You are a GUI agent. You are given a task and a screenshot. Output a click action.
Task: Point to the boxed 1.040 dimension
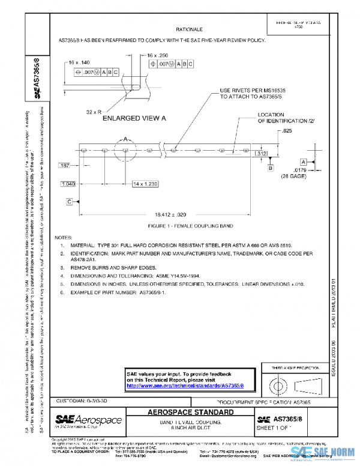[x=68, y=183]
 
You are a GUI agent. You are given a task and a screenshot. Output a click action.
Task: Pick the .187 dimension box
[x=65, y=165]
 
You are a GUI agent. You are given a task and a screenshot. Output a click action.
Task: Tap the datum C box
[x=70, y=201]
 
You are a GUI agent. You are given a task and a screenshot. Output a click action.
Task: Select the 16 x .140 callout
[x=79, y=62]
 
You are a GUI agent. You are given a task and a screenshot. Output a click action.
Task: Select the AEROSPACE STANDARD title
[x=190, y=412]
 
